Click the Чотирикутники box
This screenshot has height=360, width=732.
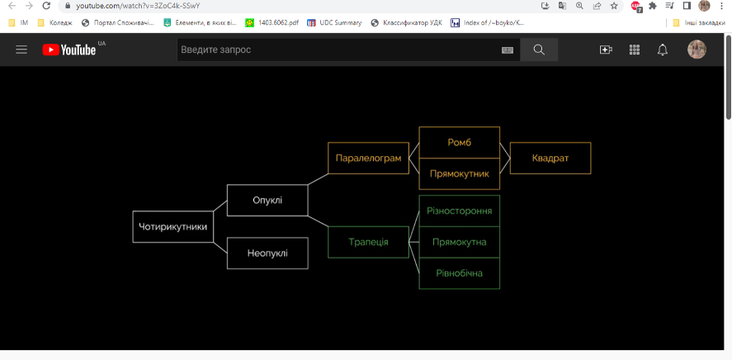pyautogui.click(x=172, y=226)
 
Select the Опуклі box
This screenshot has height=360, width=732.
pyautogui.click(x=267, y=200)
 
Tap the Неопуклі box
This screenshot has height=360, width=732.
pyautogui.click(x=267, y=253)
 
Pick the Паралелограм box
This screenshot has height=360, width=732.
pyautogui.click(x=369, y=158)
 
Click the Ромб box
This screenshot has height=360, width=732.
pyautogui.click(x=460, y=142)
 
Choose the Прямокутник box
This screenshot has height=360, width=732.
pyautogui.click(x=460, y=173)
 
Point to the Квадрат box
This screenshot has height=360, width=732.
pyautogui.click(x=550, y=158)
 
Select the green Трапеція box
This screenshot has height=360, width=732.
pyautogui.click(x=368, y=242)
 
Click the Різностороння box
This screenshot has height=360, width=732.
pyautogui.click(x=460, y=211)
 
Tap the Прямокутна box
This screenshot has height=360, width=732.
pyautogui.click(x=460, y=242)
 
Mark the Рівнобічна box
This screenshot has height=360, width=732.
pyautogui.click(x=460, y=273)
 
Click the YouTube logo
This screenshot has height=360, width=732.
pyautogui.click(x=69, y=50)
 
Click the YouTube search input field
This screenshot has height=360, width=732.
pyautogui.click(x=338, y=50)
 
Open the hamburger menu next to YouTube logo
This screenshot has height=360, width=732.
pyautogui.click(x=21, y=50)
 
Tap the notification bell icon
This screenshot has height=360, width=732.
pyautogui.click(x=663, y=50)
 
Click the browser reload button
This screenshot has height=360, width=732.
pyautogui.click(x=46, y=6)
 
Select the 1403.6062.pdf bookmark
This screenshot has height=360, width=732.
pyautogui.click(x=272, y=23)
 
